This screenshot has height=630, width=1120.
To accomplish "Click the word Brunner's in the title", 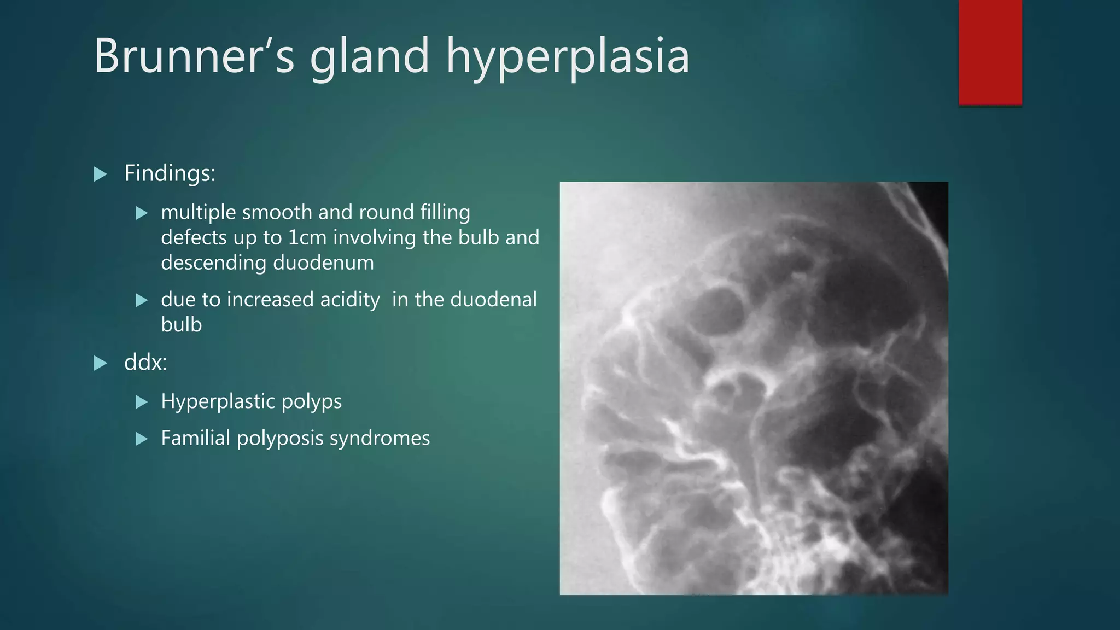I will (x=194, y=56).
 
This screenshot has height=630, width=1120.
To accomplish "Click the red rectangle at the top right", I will (x=990, y=52).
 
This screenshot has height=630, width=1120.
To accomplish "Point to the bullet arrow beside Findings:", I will (x=100, y=174).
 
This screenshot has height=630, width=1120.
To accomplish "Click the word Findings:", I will (x=170, y=173).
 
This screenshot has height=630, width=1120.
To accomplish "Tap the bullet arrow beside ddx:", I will (x=100, y=363).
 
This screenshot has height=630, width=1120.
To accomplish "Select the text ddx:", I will (x=145, y=362).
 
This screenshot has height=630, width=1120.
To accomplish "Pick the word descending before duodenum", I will (x=213, y=263).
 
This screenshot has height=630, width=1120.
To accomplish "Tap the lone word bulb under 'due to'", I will (x=181, y=325).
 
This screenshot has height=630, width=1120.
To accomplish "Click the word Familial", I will (x=195, y=438).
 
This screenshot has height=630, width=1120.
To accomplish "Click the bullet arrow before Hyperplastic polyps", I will (x=142, y=402).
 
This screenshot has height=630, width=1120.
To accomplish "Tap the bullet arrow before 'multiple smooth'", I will (x=142, y=213).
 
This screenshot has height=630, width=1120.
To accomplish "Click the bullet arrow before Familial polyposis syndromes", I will (x=142, y=439).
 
